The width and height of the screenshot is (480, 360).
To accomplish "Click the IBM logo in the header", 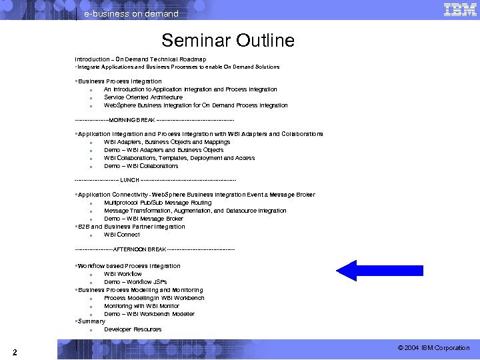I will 459,9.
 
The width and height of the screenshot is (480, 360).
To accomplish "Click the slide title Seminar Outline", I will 227,40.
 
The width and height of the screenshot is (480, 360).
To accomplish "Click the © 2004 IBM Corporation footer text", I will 433,348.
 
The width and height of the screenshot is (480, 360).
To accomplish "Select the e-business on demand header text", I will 131,13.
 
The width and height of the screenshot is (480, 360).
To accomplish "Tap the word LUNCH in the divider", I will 129,180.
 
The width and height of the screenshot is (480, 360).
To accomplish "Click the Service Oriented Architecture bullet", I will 143,97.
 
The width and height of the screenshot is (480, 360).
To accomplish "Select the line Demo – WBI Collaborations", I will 141,166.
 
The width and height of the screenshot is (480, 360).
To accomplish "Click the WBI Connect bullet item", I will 121,235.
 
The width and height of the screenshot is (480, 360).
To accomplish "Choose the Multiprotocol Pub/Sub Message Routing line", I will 157,203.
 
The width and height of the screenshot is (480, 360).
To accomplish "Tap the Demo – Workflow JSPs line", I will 135,282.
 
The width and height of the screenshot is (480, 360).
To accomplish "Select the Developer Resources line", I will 133,329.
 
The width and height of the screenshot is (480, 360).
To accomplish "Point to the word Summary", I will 91,321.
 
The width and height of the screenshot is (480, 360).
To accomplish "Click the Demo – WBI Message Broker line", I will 143,219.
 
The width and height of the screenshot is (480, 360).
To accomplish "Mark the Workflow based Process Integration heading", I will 129,266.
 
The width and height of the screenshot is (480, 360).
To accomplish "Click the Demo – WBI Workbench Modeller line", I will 149,314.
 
